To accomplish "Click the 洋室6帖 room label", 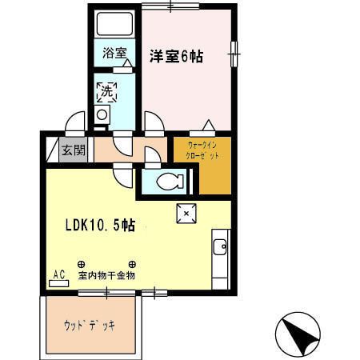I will point(176,56).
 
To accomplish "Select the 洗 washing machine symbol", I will point(106,91).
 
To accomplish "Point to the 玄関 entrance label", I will point(73,150).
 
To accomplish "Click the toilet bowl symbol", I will point(169,182).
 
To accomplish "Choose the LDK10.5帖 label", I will point(99,225).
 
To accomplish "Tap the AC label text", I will point(58,272).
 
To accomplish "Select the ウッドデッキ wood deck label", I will point(90,326).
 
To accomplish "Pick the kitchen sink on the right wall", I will point(221,246).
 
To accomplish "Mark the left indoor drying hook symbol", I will point(81,264).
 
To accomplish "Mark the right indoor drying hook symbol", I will point(132,264).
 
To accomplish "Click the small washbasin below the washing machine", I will point(102,115).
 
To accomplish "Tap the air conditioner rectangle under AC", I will point(58,282).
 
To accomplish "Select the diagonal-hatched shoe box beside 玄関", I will point(52,150).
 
